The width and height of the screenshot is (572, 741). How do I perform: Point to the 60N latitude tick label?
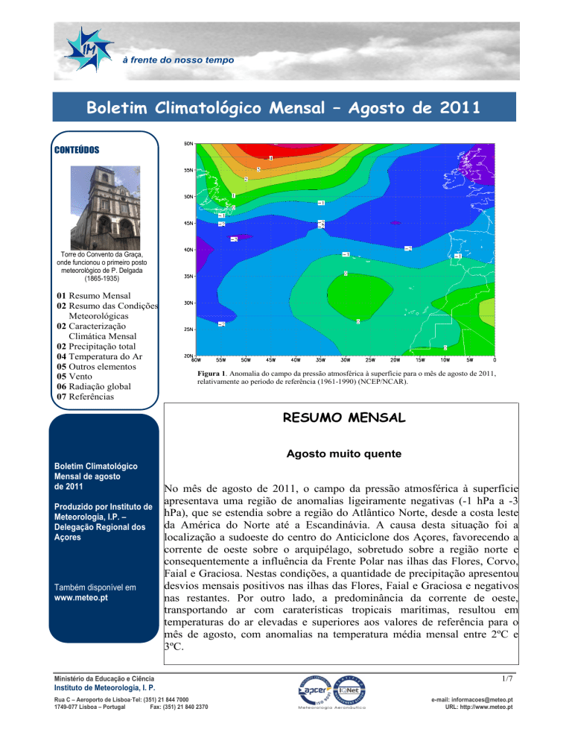tap(189, 142)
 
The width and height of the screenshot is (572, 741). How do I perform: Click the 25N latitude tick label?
tap(189, 329)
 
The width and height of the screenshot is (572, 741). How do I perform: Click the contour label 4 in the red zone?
tap(271, 158)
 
